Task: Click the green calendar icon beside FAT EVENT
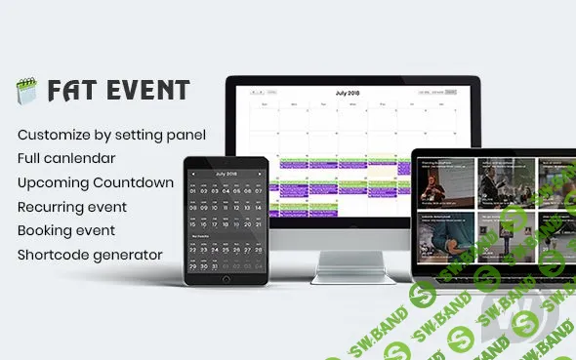25,93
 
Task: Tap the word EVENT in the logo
145,92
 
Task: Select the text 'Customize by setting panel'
112,133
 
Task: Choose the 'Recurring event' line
72,207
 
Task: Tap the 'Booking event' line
66,231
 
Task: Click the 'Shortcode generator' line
91,256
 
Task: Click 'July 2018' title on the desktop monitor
348,93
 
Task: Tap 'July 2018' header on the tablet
226,174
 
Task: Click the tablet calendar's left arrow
192,174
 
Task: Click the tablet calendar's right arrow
259,174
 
